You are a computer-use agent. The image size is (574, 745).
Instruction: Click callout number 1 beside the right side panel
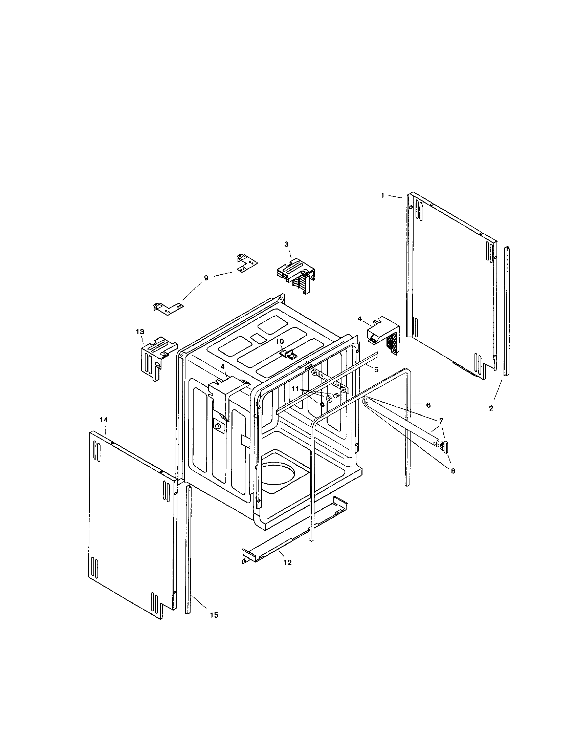[x=382, y=195]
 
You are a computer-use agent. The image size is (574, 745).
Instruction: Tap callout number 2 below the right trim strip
[x=491, y=408]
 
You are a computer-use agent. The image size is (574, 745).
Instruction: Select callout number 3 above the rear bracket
[x=286, y=244]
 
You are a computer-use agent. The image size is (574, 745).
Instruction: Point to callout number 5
[x=376, y=369]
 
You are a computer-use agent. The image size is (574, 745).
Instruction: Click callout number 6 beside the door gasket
[x=428, y=405]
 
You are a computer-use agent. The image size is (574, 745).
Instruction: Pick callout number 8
[x=452, y=471]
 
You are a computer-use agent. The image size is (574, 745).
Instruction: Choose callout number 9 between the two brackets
[x=206, y=278]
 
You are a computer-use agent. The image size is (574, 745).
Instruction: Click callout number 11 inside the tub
[x=295, y=388]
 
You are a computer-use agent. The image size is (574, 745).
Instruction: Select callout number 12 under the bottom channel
[x=287, y=562]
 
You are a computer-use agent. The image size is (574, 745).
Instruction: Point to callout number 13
[x=140, y=332]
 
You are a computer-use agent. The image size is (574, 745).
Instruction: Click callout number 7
[x=441, y=421]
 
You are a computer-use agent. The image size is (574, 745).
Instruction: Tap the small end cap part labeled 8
[x=444, y=446]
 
